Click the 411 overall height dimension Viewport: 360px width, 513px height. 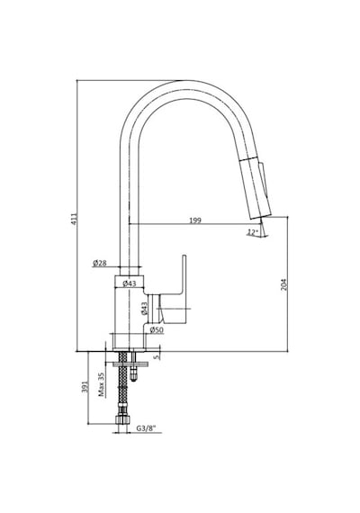[x=75, y=219]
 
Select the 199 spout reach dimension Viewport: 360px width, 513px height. [x=195, y=220]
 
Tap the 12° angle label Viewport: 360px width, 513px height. [x=252, y=232]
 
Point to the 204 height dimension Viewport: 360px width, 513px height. [x=283, y=284]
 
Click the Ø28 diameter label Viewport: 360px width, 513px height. [x=100, y=263]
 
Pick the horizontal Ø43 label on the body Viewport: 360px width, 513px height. [x=130, y=283]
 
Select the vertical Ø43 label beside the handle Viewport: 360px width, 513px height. [x=144, y=308]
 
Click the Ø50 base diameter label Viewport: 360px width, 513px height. [x=157, y=329]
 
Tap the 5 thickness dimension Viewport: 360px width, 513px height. [x=157, y=356]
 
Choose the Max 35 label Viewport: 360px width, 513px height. [x=102, y=385]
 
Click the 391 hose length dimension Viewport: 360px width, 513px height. [x=85, y=386]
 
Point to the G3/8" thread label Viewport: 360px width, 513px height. [x=147, y=427]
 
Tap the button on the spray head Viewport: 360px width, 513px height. [x=264, y=178]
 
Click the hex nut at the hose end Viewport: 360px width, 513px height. [x=121, y=420]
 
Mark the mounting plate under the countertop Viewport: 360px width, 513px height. [x=130, y=364]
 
